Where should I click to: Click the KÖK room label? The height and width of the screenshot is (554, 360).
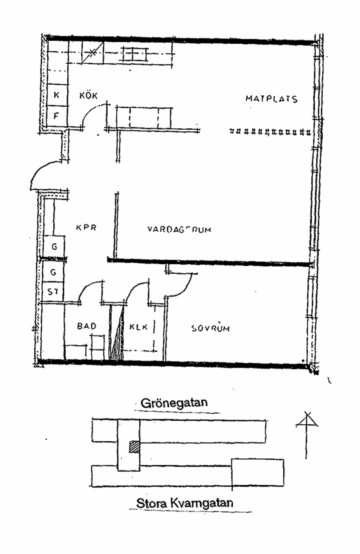click(88, 95)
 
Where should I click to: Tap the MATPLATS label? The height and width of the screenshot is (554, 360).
click(271, 99)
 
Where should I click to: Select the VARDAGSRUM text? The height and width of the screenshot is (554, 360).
click(179, 229)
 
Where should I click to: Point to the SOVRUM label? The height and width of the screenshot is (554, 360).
click(210, 328)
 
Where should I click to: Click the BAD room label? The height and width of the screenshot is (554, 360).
click(87, 326)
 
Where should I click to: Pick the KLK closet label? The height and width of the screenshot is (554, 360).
click(138, 326)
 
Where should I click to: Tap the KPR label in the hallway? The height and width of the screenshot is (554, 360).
click(86, 228)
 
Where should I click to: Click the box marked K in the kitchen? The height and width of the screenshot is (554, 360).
click(56, 95)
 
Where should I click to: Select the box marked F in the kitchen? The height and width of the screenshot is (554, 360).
click(56, 116)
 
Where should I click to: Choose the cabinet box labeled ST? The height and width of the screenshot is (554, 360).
click(53, 292)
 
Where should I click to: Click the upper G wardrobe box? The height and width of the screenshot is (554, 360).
click(54, 247)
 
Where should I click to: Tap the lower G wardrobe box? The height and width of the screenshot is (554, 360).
click(53, 272)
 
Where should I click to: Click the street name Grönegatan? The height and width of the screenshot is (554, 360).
click(174, 402)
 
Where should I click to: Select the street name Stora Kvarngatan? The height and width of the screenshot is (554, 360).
click(185, 503)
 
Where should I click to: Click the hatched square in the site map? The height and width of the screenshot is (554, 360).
click(134, 446)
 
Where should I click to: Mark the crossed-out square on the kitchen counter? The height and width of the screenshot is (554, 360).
click(92, 53)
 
